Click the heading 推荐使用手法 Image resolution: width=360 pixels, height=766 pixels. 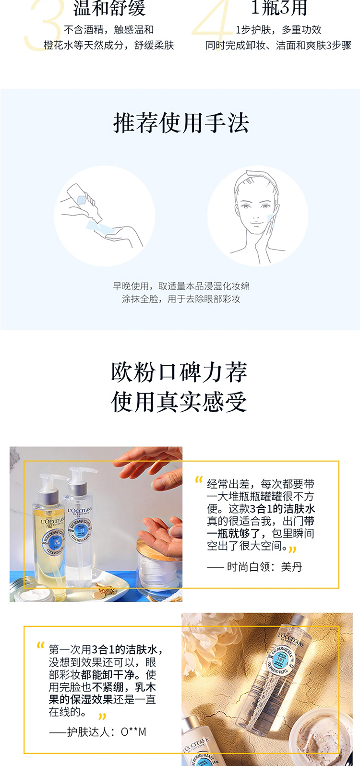tap(181, 123)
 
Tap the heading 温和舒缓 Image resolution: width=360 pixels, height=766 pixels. tap(109, 8)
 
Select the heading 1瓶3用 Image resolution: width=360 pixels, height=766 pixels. tap(279, 8)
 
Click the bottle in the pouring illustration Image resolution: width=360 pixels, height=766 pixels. tap(84, 202)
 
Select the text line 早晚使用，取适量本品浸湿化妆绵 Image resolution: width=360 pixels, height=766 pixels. tap(181, 286)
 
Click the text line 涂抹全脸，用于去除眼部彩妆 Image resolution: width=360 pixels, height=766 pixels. tap(181, 299)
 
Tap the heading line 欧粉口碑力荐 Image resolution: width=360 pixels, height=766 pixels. tap(179, 372)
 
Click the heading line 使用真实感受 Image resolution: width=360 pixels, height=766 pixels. tap(179, 401)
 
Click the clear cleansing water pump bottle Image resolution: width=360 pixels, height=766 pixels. tap(80, 520)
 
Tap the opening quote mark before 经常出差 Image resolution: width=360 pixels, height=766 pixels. tap(199, 480)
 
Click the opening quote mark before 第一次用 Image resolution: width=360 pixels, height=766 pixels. tap(40, 646)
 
